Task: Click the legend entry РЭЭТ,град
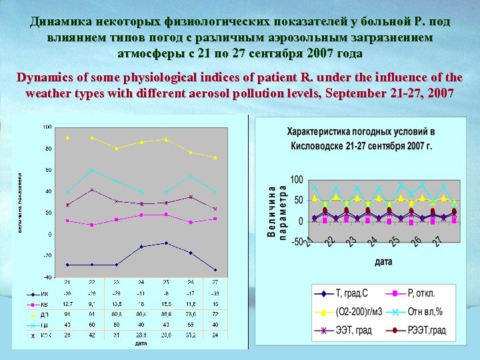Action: pyautogui.click(x=427, y=329)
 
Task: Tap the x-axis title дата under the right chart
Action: pyautogui.click(x=383, y=262)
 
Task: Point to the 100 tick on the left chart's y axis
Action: pyautogui.click(x=47, y=127)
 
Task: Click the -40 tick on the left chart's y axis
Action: pyautogui.click(x=47, y=277)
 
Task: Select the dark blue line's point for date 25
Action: pyautogui.click(x=166, y=243)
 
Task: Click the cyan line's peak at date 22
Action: pyautogui.click(x=92, y=170)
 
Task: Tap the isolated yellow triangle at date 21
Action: pyautogui.click(x=67, y=137)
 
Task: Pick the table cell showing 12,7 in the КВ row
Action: pyautogui.click(x=67, y=302)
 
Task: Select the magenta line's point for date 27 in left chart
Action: pyautogui.click(x=215, y=219)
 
